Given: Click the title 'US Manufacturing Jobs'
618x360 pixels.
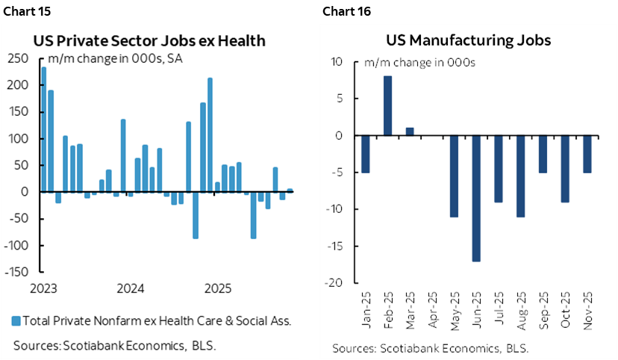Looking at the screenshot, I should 469,40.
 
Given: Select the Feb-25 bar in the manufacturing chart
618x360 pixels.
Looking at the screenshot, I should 387,105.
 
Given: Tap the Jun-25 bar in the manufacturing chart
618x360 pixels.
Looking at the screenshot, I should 476,198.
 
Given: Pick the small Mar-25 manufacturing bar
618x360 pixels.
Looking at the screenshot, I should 410,131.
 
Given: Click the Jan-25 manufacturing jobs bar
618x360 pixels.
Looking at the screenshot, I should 366,154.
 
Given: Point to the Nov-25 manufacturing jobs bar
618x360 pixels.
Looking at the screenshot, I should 587,154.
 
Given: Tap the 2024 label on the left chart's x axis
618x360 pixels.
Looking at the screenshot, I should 131,288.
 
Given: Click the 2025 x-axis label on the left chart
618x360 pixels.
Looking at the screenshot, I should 217,288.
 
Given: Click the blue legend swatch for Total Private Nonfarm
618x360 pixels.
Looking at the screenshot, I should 16,321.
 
